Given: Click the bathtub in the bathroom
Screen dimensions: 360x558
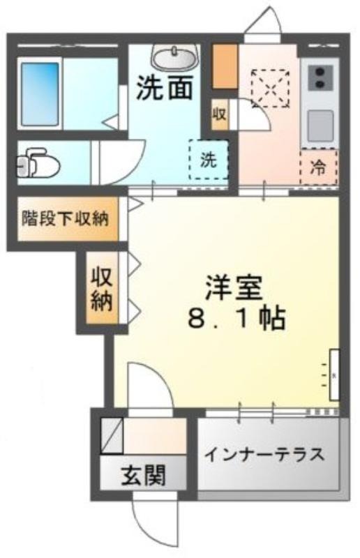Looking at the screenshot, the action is pyautogui.click(x=40, y=94).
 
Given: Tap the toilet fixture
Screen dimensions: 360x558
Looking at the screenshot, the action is pyautogui.click(x=38, y=163).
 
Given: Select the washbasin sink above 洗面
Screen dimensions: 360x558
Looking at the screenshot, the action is pyautogui.click(x=175, y=57).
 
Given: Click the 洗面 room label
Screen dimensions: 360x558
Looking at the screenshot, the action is pyautogui.click(x=165, y=88).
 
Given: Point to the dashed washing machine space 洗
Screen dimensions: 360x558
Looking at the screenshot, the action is pyautogui.click(x=209, y=160).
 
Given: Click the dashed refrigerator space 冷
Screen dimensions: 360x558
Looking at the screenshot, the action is pyautogui.click(x=318, y=167).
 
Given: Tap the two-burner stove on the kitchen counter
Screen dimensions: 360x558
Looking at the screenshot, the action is pyautogui.click(x=320, y=77).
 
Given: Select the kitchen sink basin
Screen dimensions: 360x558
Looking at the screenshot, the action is pyautogui.click(x=320, y=126).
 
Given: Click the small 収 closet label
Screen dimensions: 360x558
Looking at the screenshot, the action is pyautogui.click(x=219, y=114).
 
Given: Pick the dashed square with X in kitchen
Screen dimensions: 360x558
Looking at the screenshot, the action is pyautogui.click(x=270, y=88).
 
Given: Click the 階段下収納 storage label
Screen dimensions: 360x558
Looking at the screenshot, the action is pyautogui.click(x=65, y=218).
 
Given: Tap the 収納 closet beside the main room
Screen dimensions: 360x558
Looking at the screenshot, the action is pyautogui.click(x=102, y=288).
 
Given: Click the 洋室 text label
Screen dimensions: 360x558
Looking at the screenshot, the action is pyautogui.click(x=234, y=287).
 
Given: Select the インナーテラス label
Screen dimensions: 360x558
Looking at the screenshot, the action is pyautogui.click(x=266, y=454).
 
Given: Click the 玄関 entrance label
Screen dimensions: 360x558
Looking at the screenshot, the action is pyautogui.click(x=144, y=476).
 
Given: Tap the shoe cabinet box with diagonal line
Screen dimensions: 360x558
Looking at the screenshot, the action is pyautogui.click(x=112, y=435).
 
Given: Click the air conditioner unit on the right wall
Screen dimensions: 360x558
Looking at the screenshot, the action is pyautogui.click(x=334, y=375).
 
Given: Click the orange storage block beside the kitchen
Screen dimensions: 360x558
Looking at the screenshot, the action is pyautogui.click(x=225, y=66).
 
